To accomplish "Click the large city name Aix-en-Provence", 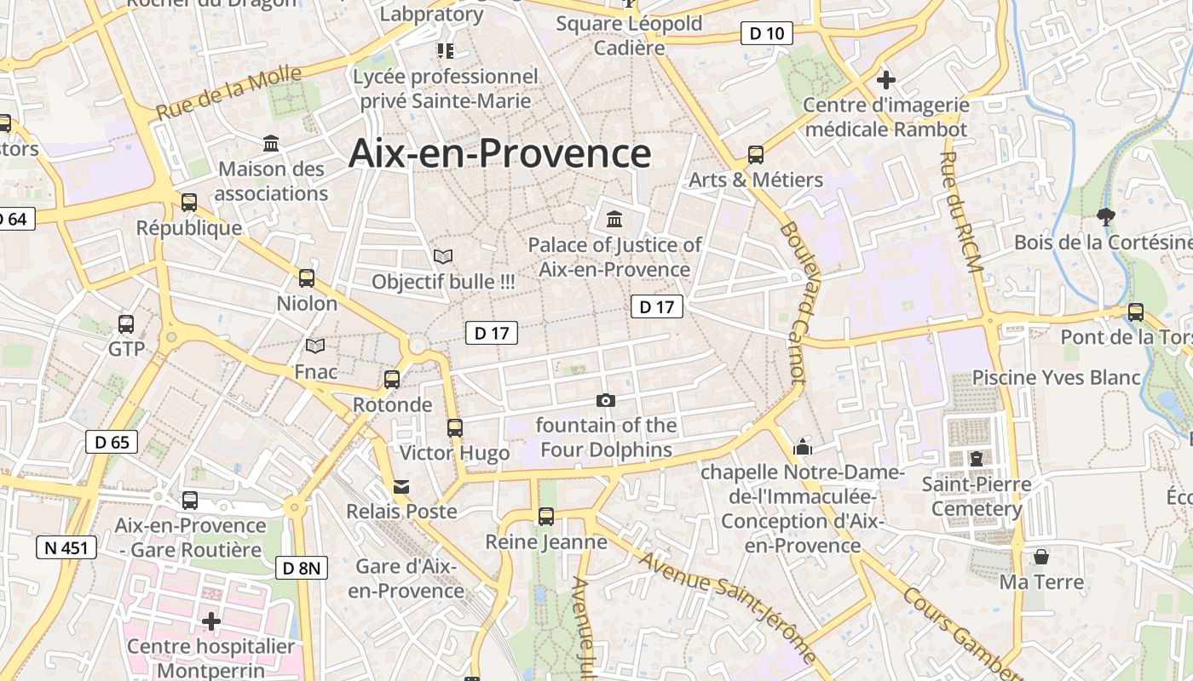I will [500, 154].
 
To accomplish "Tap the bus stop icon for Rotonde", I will [392, 379].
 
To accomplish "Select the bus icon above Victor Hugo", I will [455, 427].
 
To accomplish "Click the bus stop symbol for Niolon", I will [307, 278].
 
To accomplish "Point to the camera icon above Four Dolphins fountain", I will [606, 400].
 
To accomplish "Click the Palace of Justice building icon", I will [614, 220].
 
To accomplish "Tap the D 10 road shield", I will [767, 33].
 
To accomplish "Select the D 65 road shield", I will [112, 442].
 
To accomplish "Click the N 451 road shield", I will [66, 547].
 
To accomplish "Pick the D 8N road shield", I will [302, 567].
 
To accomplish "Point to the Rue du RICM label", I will [962, 212].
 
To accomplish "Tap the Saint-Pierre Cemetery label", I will [977, 496].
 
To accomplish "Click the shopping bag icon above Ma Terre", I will [1041, 557].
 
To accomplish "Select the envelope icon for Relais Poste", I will [401, 487].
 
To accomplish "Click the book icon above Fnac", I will [315, 346].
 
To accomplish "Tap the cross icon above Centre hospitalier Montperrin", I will [211, 621].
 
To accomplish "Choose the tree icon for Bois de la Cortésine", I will [1106, 217].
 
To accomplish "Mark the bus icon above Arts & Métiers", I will [756, 154].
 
